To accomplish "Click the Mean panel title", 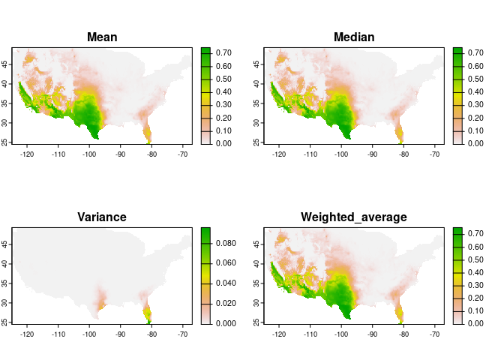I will coord(102,37).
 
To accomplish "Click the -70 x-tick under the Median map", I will coord(434,154).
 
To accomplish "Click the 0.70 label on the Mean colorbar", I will coord(223,52).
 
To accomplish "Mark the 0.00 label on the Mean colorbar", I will coord(223,142).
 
